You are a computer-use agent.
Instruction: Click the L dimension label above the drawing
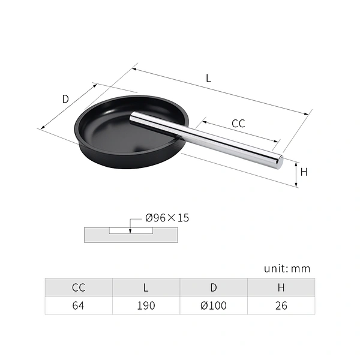[208, 78]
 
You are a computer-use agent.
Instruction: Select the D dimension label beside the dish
[65, 99]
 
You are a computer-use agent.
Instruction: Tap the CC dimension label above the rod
[238, 124]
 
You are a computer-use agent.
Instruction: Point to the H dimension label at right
[304, 172]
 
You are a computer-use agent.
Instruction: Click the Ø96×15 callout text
[167, 218]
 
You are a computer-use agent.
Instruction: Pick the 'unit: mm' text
[287, 269]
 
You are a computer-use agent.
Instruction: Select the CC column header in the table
[79, 287]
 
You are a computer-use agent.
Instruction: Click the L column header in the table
[146, 287]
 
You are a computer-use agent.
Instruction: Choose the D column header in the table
[214, 287]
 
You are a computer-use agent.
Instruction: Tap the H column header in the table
[281, 287]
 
